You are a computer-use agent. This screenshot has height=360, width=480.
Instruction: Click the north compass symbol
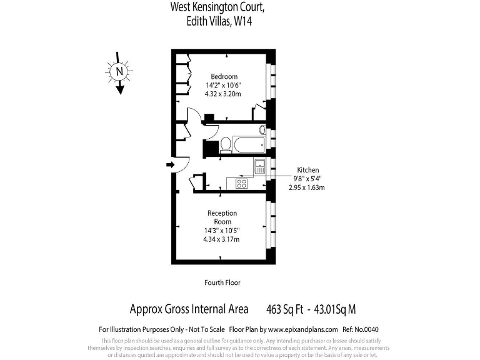coord(119,72)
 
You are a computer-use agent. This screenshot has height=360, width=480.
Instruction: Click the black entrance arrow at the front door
coord(170,165)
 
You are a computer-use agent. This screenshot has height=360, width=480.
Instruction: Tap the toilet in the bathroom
coord(225,146)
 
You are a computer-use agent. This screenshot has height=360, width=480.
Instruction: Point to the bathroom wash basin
coord(263,131)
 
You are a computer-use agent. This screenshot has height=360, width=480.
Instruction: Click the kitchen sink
coord(259,166)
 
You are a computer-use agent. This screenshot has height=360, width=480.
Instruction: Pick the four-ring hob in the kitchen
coord(241,184)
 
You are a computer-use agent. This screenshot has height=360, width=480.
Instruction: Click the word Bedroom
coord(223,77)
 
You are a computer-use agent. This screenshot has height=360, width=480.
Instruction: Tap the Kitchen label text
coord(307,170)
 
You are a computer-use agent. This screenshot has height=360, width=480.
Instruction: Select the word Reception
coord(222,213)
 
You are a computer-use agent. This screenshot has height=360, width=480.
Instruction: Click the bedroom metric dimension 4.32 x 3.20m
coord(223,94)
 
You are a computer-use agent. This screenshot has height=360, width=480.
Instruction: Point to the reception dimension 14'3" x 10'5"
coord(222,231)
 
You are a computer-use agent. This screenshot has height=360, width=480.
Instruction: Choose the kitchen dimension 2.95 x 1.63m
coord(307,187)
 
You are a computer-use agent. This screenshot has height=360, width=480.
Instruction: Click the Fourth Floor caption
coord(222,282)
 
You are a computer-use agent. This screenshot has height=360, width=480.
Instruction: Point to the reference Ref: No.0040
coord(361,329)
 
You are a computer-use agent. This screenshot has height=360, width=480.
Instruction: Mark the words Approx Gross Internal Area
coord(189,309)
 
